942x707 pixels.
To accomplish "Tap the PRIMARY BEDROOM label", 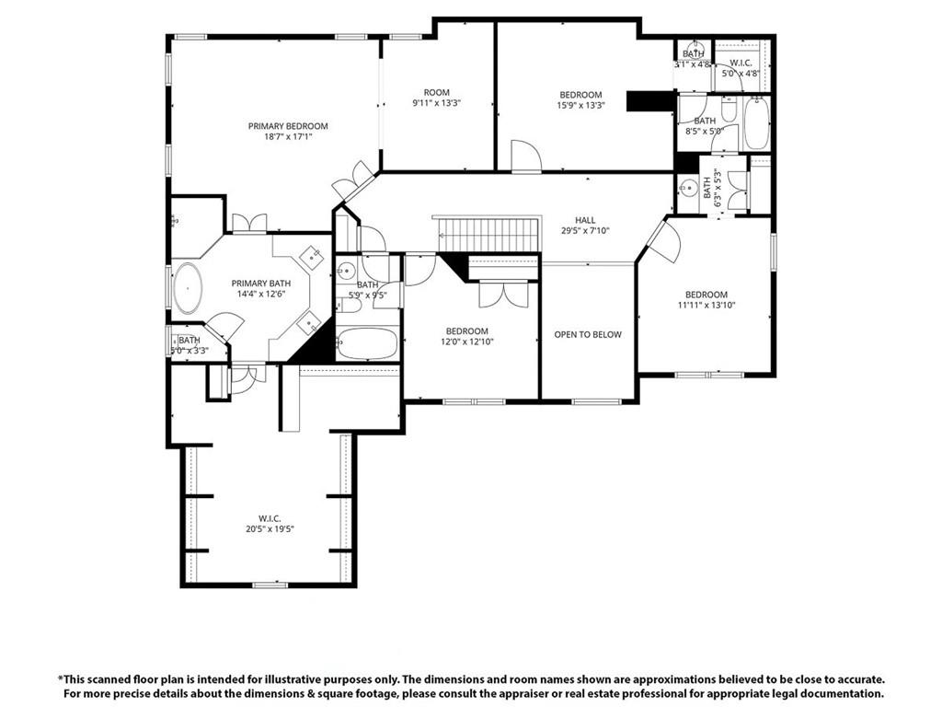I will (287, 126).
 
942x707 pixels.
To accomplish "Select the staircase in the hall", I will (487, 235).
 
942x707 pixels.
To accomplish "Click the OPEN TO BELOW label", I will (587, 334).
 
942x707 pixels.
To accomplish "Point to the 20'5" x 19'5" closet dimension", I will (270, 528).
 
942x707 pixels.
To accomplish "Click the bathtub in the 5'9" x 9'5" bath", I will (367, 344).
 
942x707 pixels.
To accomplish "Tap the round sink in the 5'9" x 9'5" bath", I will (346, 271).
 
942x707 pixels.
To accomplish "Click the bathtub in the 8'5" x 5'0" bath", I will (756, 123).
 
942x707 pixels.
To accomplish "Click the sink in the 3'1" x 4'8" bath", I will (695, 49).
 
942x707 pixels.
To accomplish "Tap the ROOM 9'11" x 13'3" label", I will (436, 98).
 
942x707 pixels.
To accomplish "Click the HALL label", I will (585, 220).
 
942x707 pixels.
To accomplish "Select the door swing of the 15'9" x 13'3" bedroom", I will (525, 156).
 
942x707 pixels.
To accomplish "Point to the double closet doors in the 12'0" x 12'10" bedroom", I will (502, 292).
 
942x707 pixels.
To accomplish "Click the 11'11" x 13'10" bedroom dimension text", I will (706, 306).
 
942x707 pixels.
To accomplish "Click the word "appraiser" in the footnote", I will (552, 693).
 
